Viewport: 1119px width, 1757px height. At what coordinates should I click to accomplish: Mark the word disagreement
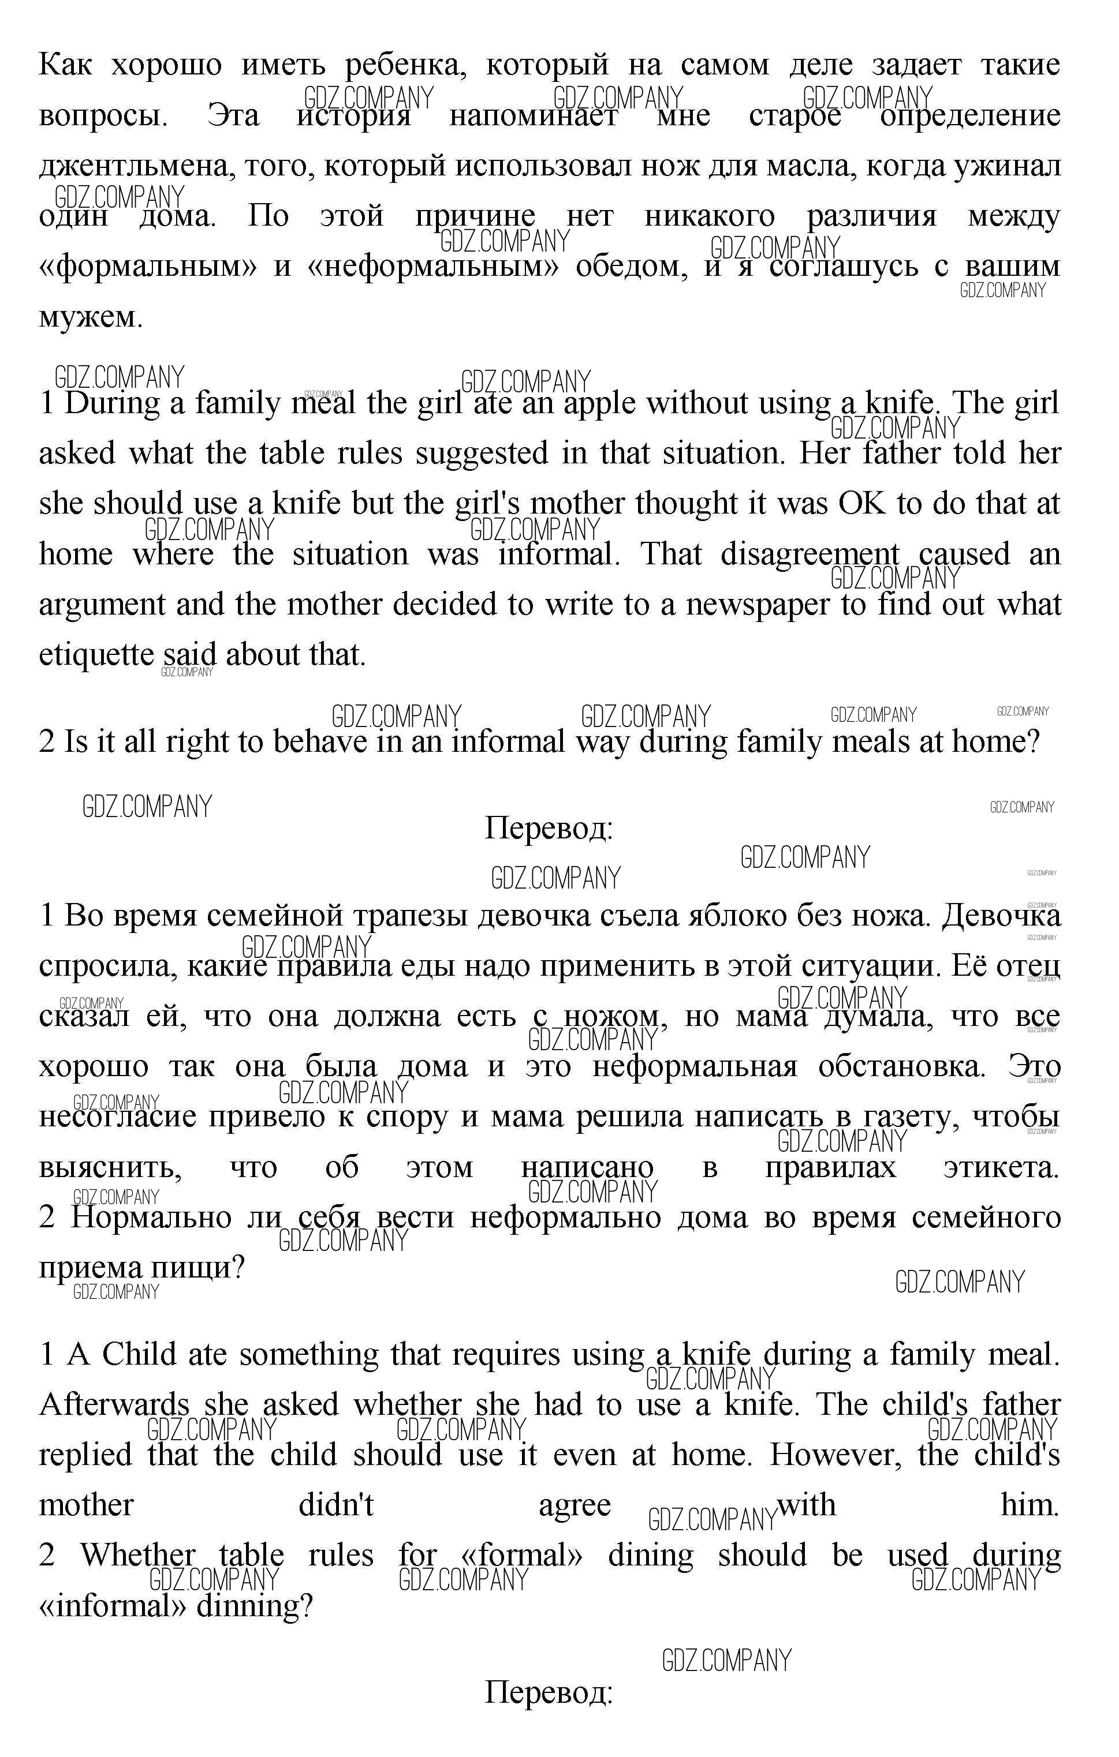[810, 555]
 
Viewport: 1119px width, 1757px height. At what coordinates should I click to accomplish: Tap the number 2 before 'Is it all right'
[47, 742]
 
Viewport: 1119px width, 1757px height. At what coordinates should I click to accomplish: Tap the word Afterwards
[113, 1405]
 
